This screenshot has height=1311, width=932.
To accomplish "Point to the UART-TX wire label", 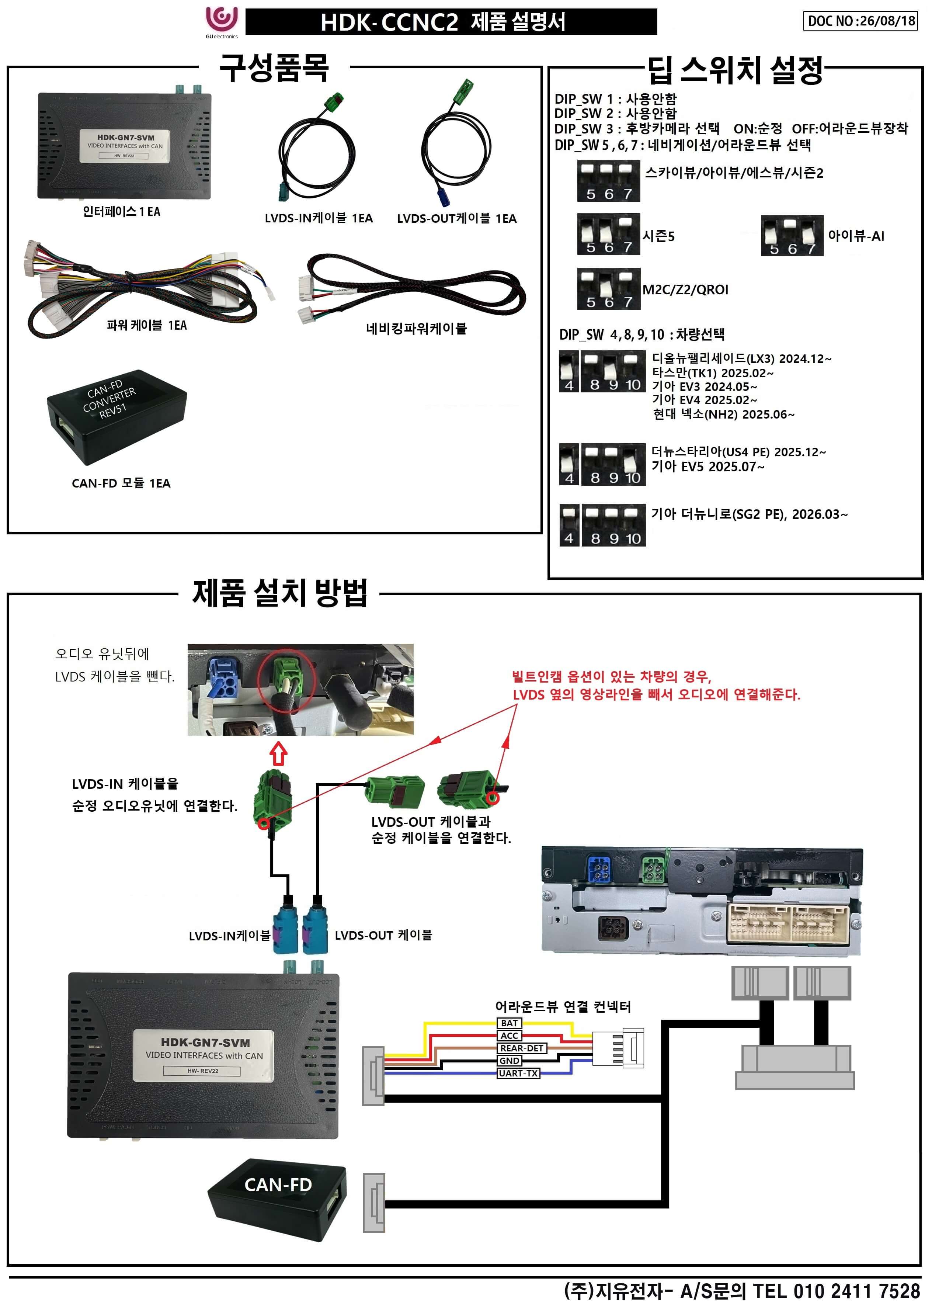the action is point(518,1073).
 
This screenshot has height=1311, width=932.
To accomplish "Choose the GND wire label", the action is point(509,1060).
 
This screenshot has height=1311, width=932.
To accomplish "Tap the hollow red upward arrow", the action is point(279,754).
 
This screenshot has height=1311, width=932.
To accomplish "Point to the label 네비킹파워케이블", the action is point(416,328).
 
